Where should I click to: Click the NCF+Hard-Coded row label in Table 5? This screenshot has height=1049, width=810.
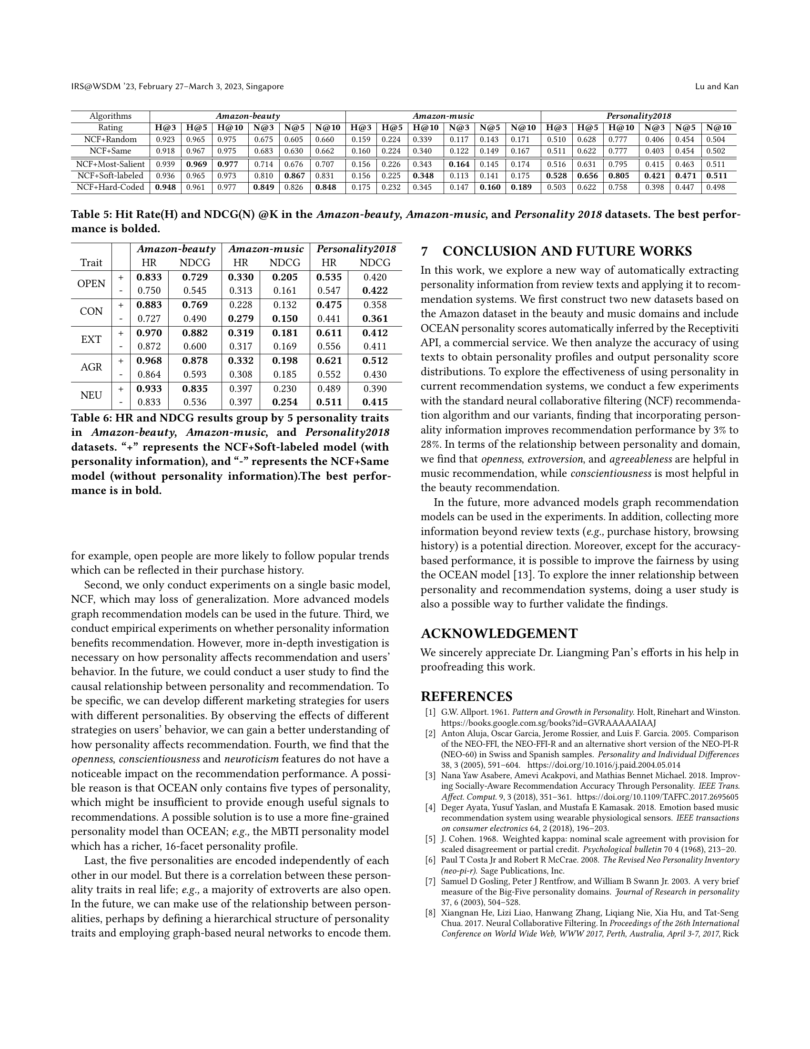click(x=111, y=187)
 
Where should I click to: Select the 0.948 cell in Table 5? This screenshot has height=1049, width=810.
click(x=165, y=187)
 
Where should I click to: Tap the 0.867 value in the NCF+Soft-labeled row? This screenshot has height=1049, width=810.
click(x=294, y=176)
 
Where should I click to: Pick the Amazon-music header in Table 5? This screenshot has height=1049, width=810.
click(x=443, y=116)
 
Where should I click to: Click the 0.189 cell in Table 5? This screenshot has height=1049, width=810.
click(x=522, y=187)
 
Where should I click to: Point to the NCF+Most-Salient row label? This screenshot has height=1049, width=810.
click(x=111, y=165)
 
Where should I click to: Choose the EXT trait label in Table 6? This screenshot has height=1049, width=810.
click(x=91, y=339)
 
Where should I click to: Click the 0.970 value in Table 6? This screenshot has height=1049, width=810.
click(x=149, y=333)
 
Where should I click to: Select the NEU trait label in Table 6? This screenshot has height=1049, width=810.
click(x=91, y=395)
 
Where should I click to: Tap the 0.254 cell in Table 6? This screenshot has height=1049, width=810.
click(x=284, y=402)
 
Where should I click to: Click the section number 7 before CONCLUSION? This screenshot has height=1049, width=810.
click(x=424, y=252)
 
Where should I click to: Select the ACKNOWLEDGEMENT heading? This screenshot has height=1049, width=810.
click(x=499, y=634)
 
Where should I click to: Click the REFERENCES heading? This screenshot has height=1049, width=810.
click(x=466, y=697)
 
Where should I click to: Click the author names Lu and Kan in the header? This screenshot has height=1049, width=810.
click(x=717, y=86)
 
